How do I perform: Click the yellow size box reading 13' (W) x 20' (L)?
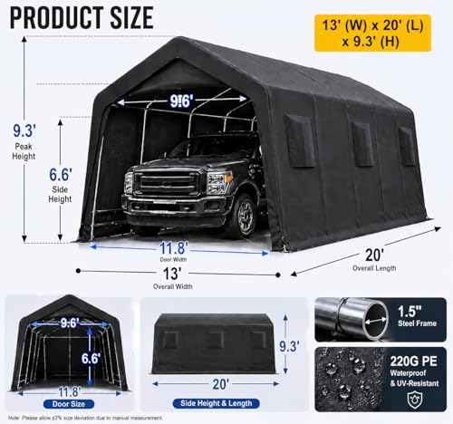point(372,33)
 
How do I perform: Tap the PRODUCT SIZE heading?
point(82,18)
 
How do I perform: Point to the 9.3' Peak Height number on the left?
point(24,130)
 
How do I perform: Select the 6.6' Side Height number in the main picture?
point(61,175)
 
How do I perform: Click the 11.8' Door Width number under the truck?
point(174,248)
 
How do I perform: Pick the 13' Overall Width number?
point(172,274)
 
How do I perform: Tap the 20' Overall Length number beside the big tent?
point(374,255)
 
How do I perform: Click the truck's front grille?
point(167,183)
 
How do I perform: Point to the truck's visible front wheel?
point(246,215)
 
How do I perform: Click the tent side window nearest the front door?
point(301,141)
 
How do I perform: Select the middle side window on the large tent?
point(362,144)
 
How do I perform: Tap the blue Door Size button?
point(69,404)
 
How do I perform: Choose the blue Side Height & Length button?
point(216,403)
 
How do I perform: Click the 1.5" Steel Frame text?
point(417,316)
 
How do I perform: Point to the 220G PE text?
point(414,361)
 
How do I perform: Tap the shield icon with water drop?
point(415,400)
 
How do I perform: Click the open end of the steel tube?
point(376,321)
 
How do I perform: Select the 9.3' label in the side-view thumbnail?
point(289,346)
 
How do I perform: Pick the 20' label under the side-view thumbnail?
point(220,384)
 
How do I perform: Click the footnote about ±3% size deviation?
point(85,419)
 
